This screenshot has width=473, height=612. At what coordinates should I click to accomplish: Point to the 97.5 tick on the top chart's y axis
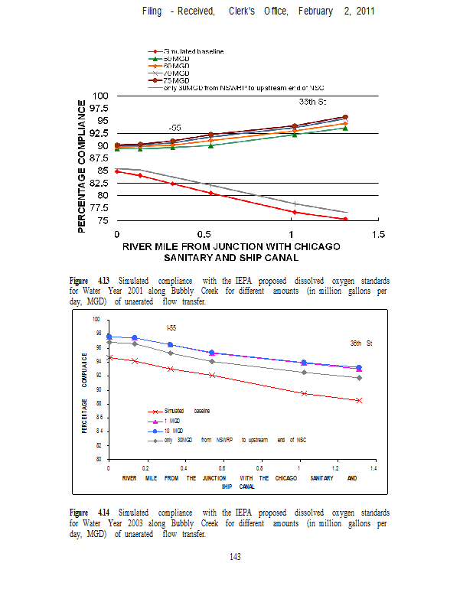pyautogui.click(x=98, y=108)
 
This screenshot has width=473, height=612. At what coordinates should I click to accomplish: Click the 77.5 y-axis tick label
pyautogui.click(x=98, y=208)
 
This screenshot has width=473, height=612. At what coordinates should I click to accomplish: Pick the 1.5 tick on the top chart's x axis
pyautogui.click(x=377, y=233)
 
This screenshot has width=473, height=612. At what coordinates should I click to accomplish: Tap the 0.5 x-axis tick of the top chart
pyautogui.click(x=204, y=233)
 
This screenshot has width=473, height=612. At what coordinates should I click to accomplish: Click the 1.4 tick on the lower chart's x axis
pyautogui.click(x=373, y=467)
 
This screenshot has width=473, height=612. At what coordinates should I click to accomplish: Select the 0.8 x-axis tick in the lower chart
pyautogui.click(x=259, y=467)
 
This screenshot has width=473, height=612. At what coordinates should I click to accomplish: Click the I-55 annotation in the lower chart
pyautogui.click(x=173, y=327)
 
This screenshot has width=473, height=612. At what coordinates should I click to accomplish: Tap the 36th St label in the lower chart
pyautogui.click(x=360, y=342)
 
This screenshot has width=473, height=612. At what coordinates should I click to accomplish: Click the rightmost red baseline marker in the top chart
pyautogui.click(x=345, y=220)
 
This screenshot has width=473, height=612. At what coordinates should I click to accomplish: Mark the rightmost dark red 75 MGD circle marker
pyautogui.click(x=345, y=117)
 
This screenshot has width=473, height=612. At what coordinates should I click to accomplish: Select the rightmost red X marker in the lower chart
pyautogui.click(x=359, y=400)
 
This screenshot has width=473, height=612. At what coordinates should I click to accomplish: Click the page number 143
pyautogui.click(x=236, y=557)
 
